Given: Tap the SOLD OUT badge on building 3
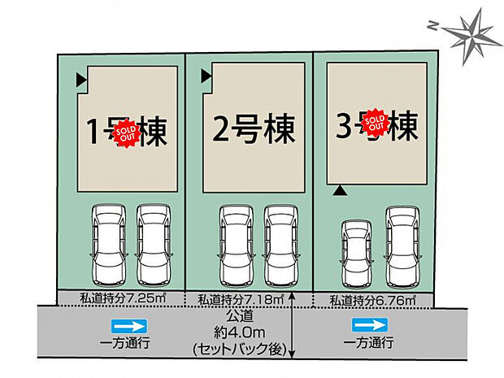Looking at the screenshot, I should [x=375, y=123].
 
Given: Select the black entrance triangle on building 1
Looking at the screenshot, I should [x=81, y=80].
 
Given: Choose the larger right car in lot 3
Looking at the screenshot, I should [x=404, y=242].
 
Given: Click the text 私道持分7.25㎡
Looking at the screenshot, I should [x=119, y=298].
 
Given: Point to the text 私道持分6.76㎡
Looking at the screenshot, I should [x=373, y=301].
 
